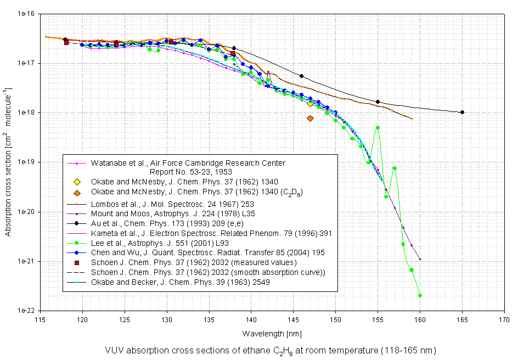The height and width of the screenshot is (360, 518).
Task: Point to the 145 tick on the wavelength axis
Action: (x=294, y=318)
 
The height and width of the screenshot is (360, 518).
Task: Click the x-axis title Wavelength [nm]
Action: (x=272, y=333)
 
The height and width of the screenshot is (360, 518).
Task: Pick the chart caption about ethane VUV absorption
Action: (x=272, y=350)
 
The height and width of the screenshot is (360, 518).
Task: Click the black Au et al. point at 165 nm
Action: (x=462, y=112)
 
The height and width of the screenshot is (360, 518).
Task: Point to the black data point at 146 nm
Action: (x=302, y=76)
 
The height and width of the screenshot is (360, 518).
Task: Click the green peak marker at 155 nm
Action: (x=378, y=127)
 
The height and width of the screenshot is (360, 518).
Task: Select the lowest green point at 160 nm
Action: (x=420, y=295)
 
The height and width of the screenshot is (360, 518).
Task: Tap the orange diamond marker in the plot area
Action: (x=311, y=118)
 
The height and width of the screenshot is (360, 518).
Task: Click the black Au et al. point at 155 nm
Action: (x=378, y=102)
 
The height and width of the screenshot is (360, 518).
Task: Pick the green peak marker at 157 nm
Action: (x=395, y=168)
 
